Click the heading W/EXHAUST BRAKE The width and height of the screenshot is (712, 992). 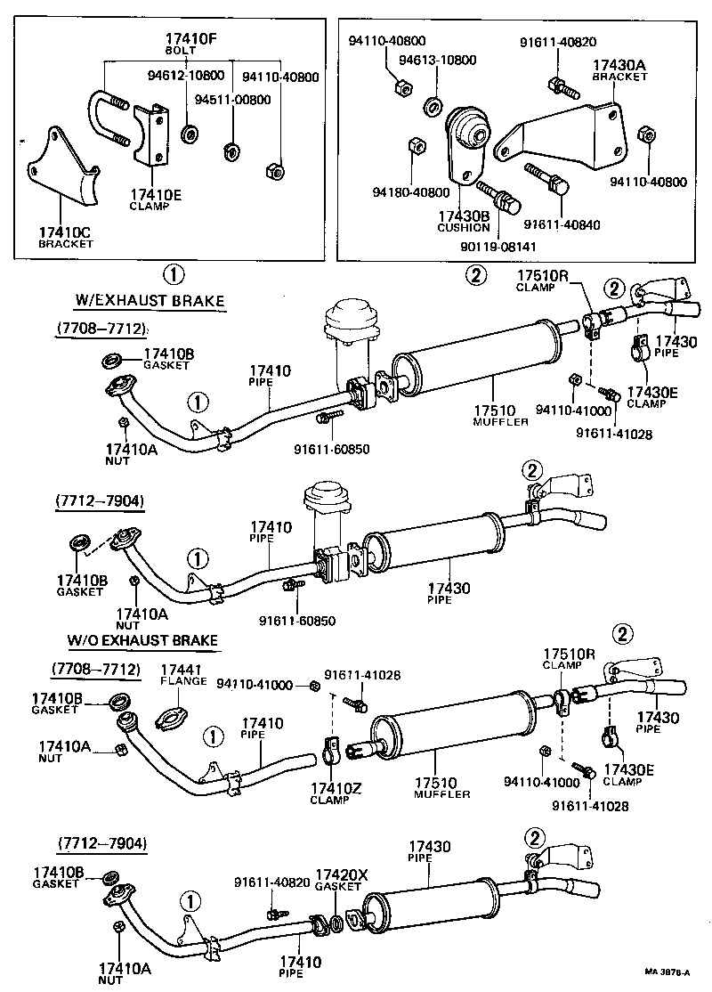click(150, 302)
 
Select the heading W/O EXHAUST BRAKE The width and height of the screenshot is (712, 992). click(143, 639)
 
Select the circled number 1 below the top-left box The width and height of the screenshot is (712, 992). click(175, 272)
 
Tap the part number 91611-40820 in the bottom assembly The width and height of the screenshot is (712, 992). click(272, 882)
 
